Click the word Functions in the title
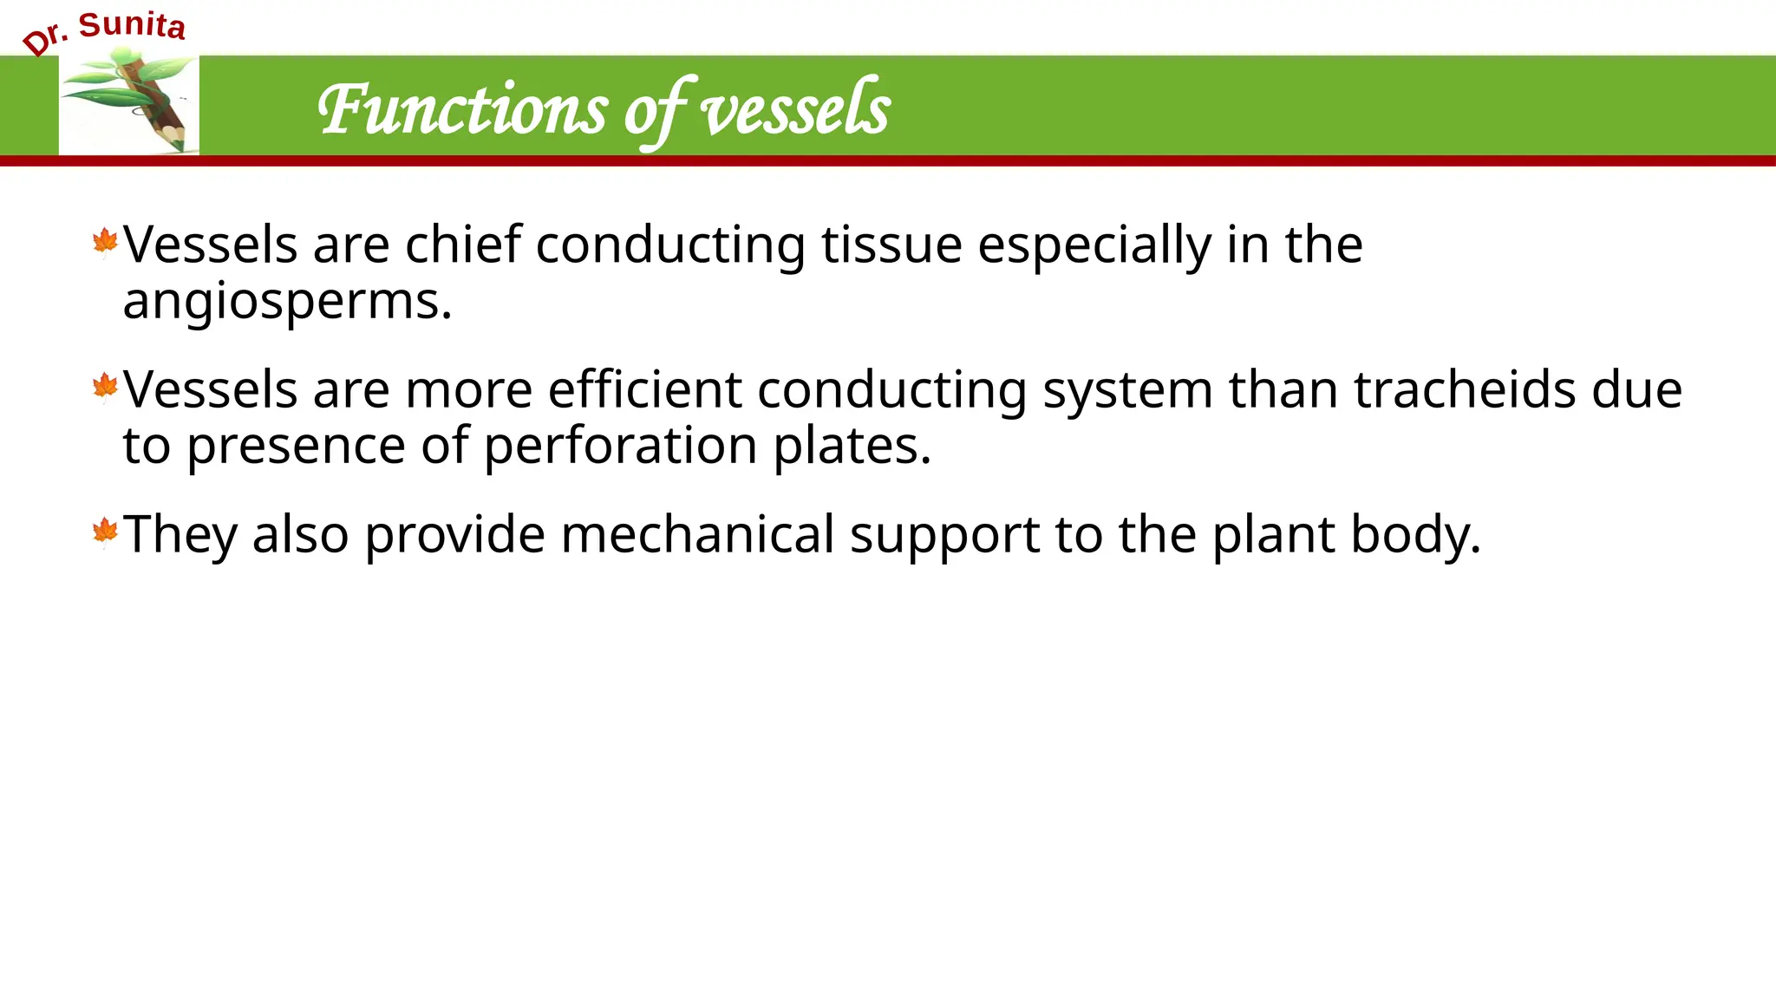click(463, 110)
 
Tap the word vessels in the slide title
click(794, 110)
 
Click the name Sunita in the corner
click(132, 25)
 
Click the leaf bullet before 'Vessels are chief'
click(105, 243)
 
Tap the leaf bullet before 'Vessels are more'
click(105, 388)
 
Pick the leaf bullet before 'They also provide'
click(105, 532)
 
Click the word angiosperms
click(287, 302)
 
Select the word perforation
click(620, 446)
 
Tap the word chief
click(463, 245)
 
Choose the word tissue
click(891, 245)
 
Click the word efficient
click(644, 389)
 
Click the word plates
click(852, 446)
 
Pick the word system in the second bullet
click(1127, 391)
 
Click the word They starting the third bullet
click(180, 534)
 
